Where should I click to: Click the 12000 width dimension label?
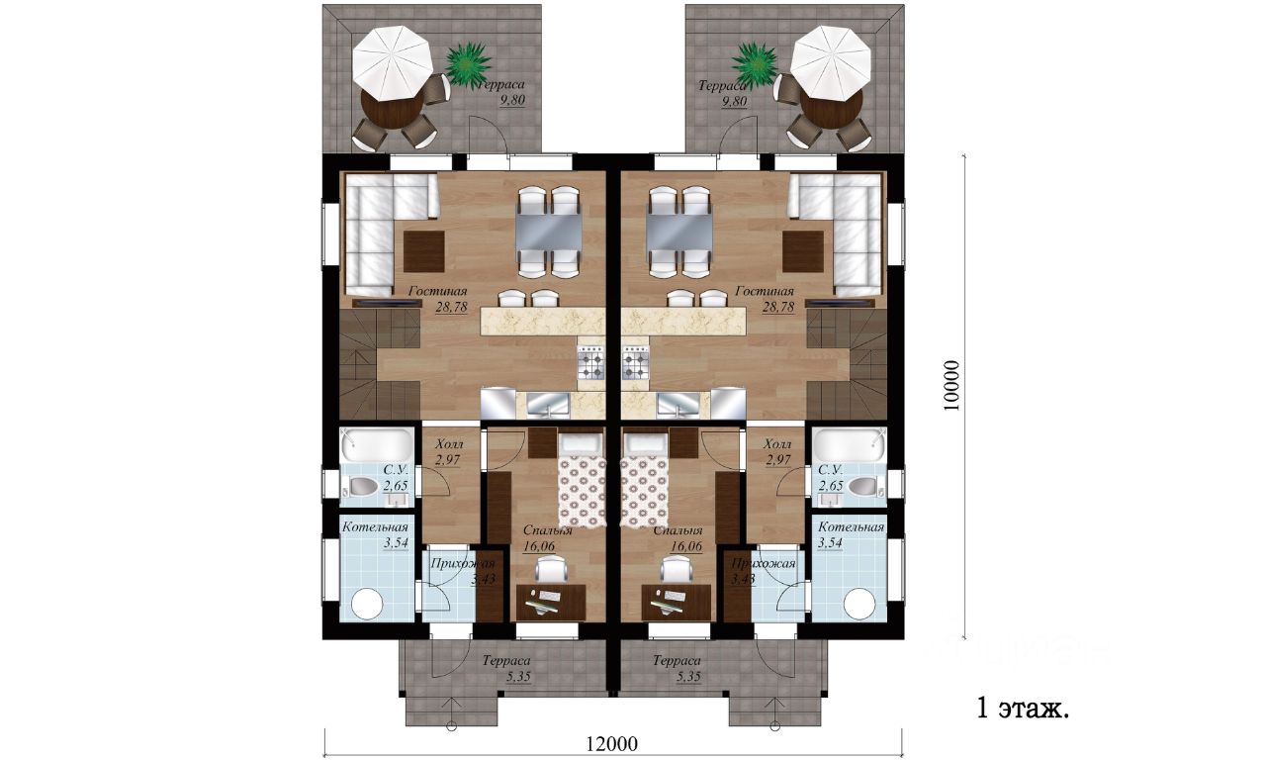[x=611, y=743]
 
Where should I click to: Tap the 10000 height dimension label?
[x=951, y=386]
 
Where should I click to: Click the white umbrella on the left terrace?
[x=393, y=61]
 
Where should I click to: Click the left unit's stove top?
[x=591, y=362]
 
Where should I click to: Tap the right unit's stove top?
[x=635, y=362]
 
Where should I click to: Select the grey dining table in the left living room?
[x=549, y=233]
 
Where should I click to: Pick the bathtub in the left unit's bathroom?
[x=377, y=445]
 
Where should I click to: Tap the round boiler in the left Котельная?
[x=367, y=604]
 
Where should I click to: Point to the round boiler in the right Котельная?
[x=859, y=604]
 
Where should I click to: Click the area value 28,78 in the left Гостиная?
[x=452, y=307]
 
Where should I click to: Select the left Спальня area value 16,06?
[x=539, y=546]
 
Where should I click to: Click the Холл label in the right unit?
[x=777, y=444]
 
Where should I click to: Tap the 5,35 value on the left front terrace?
[x=518, y=676]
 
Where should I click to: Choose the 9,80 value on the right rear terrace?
[x=734, y=101]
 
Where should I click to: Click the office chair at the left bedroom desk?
[x=551, y=568]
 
